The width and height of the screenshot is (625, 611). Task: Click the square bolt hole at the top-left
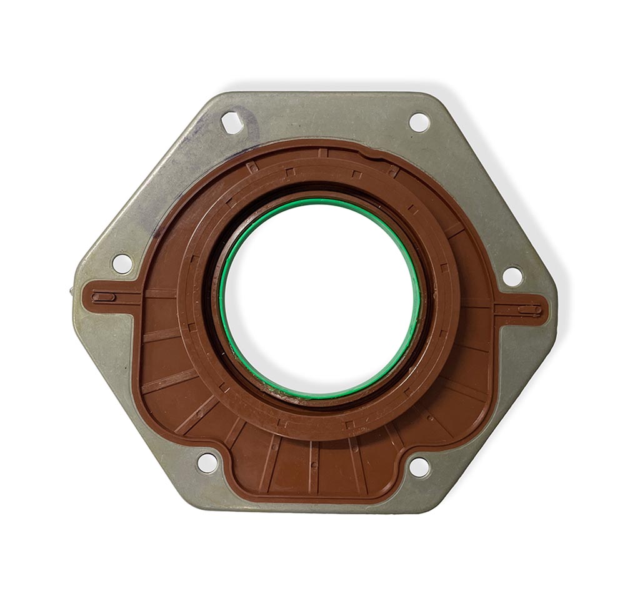pyautogui.click(x=232, y=122)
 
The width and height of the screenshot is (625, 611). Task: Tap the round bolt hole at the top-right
pyautogui.click(x=419, y=122)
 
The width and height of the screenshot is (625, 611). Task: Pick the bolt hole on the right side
pyautogui.click(x=512, y=276)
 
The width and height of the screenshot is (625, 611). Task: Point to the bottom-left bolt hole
pyautogui.click(x=207, y=463)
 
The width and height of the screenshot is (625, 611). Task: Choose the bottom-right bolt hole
pyautogui.click(x=419, y=467)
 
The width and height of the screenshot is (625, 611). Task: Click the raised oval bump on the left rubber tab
pyautogui.click(x=104, y=297)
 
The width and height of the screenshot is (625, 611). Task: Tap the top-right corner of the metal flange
pyautogui.click(x=431, y=95)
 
